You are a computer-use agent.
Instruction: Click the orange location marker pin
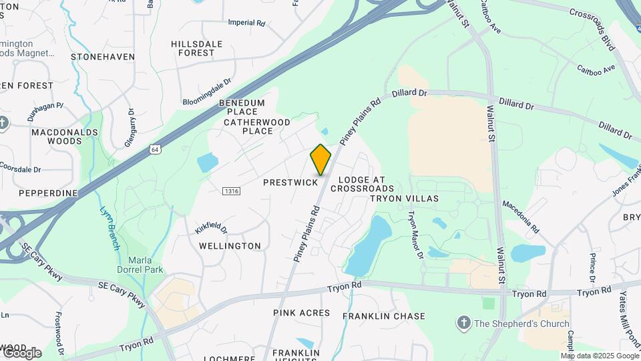pos(320,160)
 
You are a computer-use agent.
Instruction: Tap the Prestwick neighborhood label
pos(290,183)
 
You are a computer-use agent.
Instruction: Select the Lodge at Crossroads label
pos(362,184)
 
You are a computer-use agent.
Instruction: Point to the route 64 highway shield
pos(155,148)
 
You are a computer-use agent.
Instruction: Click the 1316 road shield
pos(232,192)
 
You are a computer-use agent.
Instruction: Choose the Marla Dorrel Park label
pos(141,265)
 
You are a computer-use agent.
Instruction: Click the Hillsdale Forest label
pos(197,48)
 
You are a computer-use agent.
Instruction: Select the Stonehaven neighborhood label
pos(102,57)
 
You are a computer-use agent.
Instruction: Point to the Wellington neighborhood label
pos(230,246)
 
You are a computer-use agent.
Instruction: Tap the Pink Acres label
pos(302,313)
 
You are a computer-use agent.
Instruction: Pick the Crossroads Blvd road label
pos(591,21)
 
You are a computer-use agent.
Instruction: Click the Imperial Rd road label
pos(246,23)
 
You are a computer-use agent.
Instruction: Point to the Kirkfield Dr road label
pos(211,227)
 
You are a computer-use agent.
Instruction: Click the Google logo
pos(21,352)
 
